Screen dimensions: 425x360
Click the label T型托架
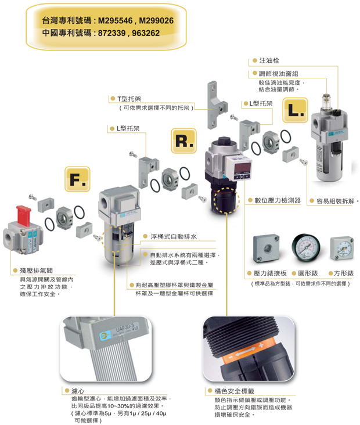(128, 99)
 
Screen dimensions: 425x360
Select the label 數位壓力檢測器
(278, 200)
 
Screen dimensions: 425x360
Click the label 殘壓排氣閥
(36, 271)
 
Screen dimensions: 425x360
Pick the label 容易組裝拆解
(337, 201)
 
